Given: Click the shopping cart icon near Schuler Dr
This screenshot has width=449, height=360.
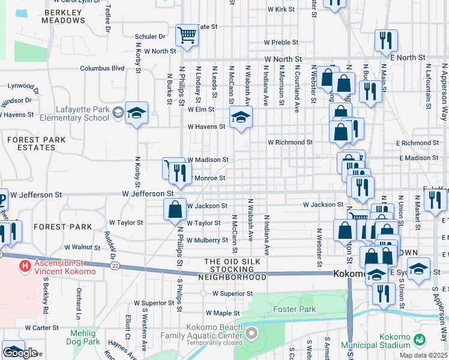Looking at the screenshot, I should click(x=187, y=35).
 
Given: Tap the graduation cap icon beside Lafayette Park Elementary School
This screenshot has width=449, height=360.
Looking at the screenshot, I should click(x=136, y=113).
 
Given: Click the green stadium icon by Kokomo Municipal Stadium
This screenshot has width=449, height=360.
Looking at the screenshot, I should click(x=421, y=340).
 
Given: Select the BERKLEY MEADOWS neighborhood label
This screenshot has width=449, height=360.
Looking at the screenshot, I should click(x=64, y=16).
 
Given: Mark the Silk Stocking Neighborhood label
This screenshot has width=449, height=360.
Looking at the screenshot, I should click(x=235, y=269).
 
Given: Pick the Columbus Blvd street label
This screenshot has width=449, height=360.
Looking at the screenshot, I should click(x=102, y=68).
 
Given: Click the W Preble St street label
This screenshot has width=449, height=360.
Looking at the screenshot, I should click(x=281, y=43).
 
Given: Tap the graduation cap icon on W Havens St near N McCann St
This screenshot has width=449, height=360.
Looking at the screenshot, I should click(x=241, y=116).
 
